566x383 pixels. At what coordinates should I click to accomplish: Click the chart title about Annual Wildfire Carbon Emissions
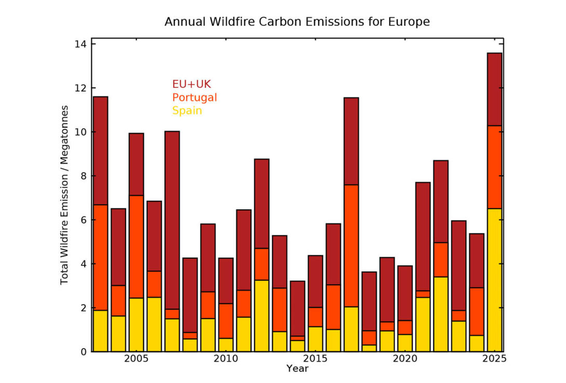click(297, 22)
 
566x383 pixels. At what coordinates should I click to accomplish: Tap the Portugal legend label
click(194, 98)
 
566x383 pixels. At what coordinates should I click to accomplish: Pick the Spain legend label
click(187, 111)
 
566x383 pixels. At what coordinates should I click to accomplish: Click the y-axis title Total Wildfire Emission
click(64, 195)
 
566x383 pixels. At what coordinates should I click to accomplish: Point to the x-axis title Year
click(297, 368)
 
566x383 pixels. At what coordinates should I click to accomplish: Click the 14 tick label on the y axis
click(80, 44)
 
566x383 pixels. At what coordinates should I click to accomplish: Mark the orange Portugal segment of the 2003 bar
click(100, 257)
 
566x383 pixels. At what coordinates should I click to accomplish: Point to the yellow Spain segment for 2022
click(441, 314)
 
